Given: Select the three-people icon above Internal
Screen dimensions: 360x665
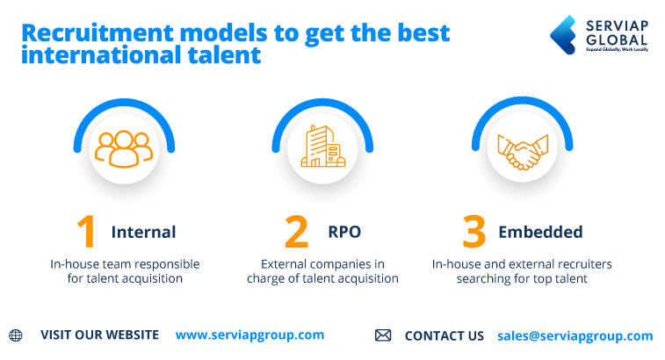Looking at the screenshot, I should [124, 148].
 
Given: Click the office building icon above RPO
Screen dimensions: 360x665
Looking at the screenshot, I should [323, 147].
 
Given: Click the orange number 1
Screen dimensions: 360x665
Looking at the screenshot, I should [86, 232].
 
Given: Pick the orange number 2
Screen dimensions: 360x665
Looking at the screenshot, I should [297, 232].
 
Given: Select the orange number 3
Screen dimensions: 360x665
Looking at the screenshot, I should [474, 232].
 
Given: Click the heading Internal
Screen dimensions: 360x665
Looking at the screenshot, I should [143, 233].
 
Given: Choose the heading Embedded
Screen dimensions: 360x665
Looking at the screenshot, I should [540, 233].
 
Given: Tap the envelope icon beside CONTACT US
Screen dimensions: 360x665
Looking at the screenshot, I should [383, 335].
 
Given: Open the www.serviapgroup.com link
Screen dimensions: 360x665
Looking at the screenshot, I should [249, 335].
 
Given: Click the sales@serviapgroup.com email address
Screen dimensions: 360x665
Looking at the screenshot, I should [575, 335].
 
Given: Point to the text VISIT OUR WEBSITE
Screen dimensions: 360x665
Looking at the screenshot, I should [99, 335].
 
